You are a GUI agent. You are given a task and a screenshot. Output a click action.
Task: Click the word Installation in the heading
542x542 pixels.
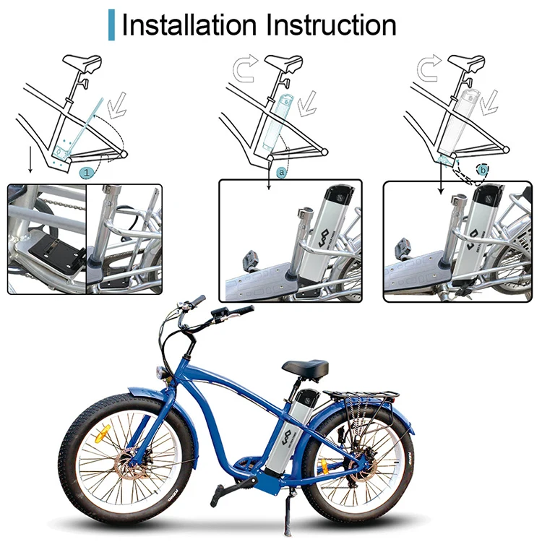coord(190,24)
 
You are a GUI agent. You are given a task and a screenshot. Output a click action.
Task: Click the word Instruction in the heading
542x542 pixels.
coord(330,24)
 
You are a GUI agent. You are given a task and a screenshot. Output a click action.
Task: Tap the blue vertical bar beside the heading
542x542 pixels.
coord(111,24)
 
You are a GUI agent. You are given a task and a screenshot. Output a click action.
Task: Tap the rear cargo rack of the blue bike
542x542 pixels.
coord(369,397)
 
